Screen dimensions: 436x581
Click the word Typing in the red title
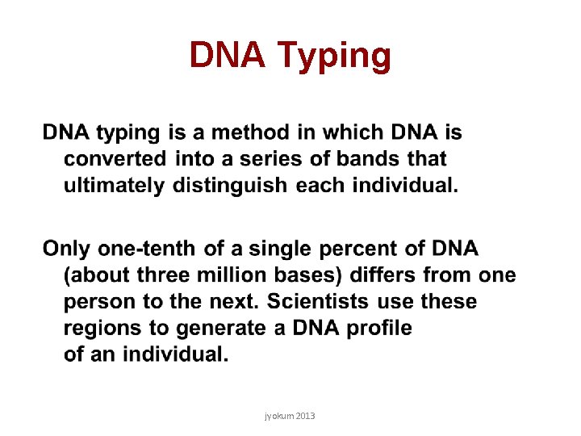[x=334, y=57]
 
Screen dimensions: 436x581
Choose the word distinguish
[x=228, y=186]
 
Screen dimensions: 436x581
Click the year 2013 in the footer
[x=305, y=415]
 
